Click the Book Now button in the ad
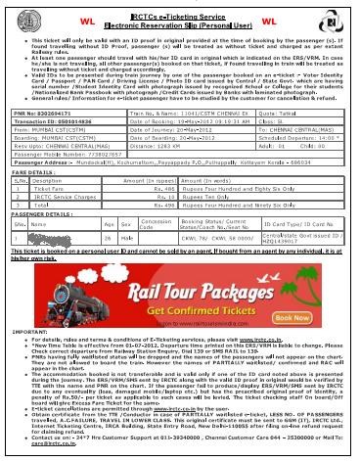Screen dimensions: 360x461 pos(320,317)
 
